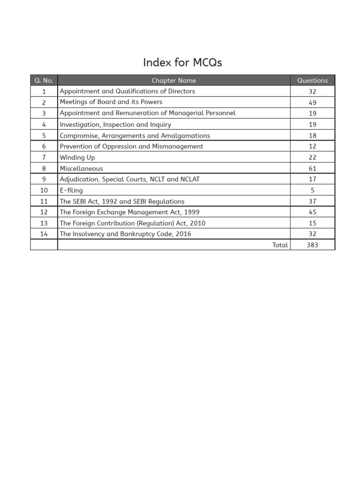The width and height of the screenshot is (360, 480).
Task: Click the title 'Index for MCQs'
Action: [x=182, y=62]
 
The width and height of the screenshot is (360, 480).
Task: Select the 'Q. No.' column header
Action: [x=44, y=81]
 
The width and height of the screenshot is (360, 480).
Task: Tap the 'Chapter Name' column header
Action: [x=174, y=81]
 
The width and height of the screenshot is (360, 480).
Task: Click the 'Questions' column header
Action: [x=313, y=81]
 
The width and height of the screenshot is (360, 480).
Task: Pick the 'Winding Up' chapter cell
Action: [x=77, y=157]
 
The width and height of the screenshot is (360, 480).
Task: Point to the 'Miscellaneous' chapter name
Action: [x=82, y=168]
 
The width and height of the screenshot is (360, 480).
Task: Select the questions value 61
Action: [x=313, y=168]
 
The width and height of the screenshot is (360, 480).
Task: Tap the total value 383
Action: [x=313, y=245]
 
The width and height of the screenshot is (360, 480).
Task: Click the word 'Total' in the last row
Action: [x=280, y=245]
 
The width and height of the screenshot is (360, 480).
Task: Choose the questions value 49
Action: [x=313, y=103]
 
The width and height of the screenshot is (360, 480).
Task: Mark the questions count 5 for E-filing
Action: [x=313, y=190]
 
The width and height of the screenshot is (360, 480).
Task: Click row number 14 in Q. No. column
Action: [x=44, y=234]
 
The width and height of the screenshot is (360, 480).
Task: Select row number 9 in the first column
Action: [x=44, y=179]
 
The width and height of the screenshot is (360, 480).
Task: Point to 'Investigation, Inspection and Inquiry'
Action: [x=115, y=125]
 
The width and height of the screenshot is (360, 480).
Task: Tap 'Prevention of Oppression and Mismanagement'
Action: [x=131, y=146]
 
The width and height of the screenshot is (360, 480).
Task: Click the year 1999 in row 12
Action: [x=192, y=212]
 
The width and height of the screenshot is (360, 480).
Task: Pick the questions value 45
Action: [x=313, y=212]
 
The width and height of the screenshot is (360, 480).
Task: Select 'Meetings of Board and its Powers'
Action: [x=111, y=102]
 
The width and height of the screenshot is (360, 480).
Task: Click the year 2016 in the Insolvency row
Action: [x=183, y=234]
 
